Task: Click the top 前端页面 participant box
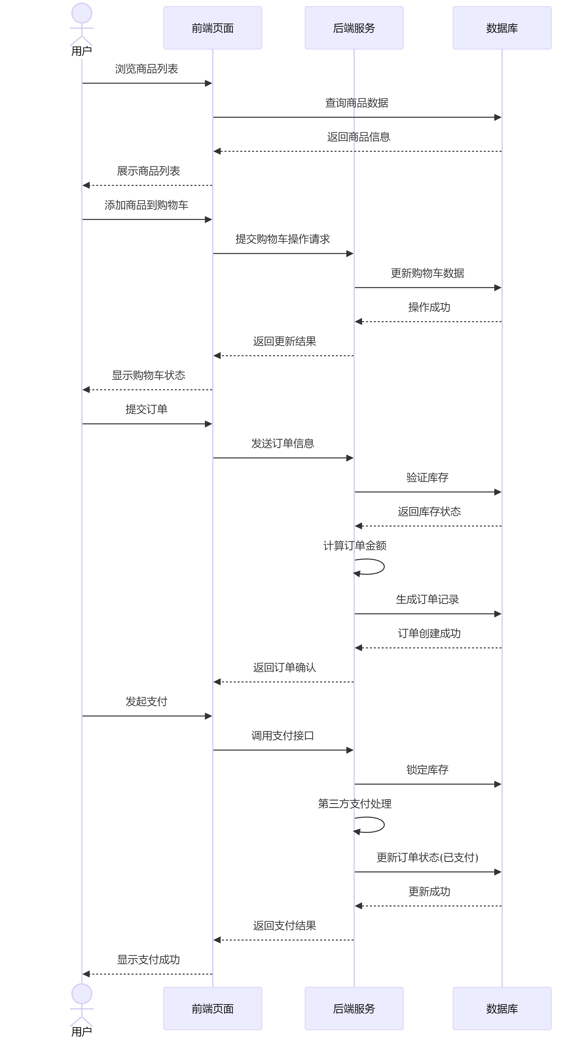tap(212, 28)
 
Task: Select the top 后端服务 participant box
tap(354, 28)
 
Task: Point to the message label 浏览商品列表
tap(146, 69)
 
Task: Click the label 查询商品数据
tap(356, 103)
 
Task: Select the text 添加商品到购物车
tap(146, 205)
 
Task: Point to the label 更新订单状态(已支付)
tap(427, 858)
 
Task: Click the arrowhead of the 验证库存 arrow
tap(498, 492)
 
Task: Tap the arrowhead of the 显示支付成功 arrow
tap(86, 974)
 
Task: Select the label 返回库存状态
tap(429, 512)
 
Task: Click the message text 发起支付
tap(146, 702)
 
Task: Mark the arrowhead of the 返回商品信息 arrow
tap(217, 151)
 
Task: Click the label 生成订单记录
tap(427, 599)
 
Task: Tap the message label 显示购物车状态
tap(148, 376)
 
